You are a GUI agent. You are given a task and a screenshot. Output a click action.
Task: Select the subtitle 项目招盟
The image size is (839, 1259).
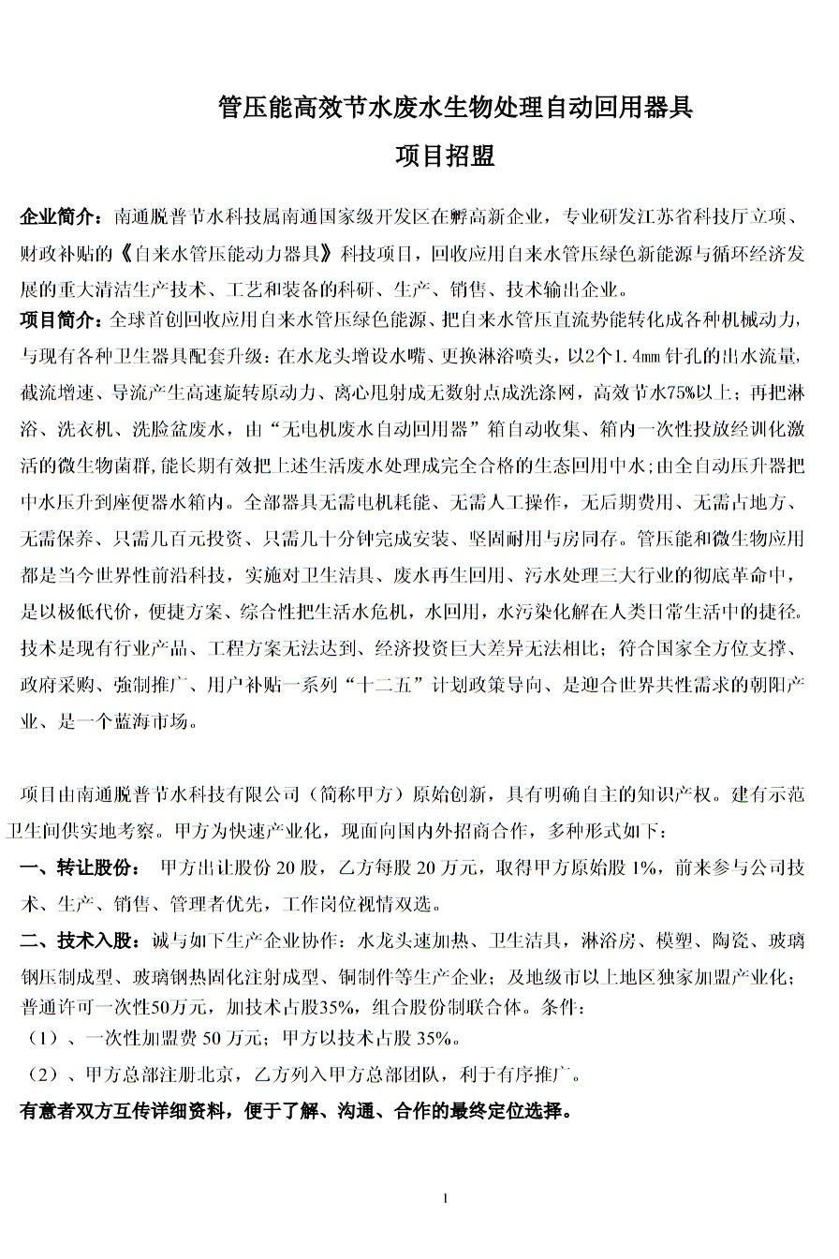[x=445, y=156]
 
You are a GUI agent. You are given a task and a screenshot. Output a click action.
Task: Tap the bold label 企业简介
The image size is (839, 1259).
[x=60, y=219]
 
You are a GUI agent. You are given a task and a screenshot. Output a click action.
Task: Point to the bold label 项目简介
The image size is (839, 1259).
[x=60, y=321]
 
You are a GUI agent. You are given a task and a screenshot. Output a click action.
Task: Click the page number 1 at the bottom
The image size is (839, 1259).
[x=446, y=1198]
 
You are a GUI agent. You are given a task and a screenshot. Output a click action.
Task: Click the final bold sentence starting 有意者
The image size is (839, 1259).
[x=296, y=1112]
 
